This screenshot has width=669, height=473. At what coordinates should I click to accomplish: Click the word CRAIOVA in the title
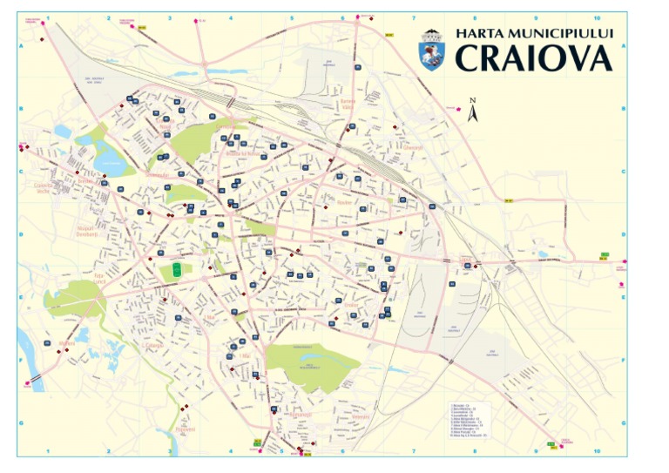coord(534,58)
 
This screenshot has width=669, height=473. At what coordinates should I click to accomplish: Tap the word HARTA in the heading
coord(478,32)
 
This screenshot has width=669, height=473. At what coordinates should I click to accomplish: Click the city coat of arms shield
coord(432,50)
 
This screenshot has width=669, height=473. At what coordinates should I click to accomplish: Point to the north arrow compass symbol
coord(473,109)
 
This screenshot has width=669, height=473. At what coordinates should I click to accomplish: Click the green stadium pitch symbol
coord(178,270)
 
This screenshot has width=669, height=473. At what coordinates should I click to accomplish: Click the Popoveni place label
coord(185,429)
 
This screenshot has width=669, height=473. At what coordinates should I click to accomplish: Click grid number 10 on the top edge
coord(596,17)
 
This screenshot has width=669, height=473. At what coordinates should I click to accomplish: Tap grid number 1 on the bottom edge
coord(48,451)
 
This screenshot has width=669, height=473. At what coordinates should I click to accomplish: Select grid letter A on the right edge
coord(624,47)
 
